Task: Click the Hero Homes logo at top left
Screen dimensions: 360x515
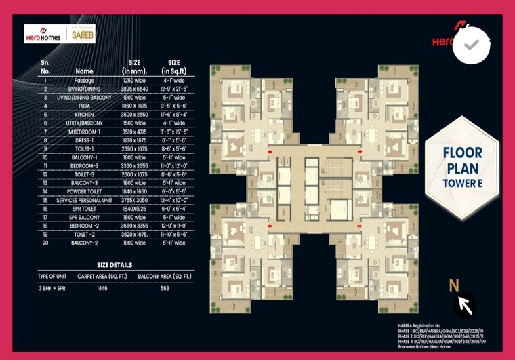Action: [x=43, y=34]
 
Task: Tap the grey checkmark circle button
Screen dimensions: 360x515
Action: [x=472, y=45]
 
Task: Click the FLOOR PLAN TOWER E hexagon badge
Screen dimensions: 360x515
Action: [x=461, y=166]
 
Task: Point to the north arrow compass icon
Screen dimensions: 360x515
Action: [x=464, y=304]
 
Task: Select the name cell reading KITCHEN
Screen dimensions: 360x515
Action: [x=84, y=115]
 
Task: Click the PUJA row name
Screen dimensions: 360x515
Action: [x=84, y=106]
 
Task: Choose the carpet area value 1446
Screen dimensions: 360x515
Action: [x=102, y=287]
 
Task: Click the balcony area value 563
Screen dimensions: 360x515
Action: [x=165, y=287]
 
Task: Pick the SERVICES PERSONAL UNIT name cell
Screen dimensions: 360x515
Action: [x=84, y=200]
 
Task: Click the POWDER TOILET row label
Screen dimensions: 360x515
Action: [x=84, y=191]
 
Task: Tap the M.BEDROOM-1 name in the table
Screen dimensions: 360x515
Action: [x=84, y=132]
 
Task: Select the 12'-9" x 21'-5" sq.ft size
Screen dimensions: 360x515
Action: [x=173, y=89]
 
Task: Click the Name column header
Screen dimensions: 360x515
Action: [x=84, y=71]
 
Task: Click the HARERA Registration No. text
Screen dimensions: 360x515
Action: [x=424, y=327]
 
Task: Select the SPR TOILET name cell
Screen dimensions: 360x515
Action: [x=84, y=209]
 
